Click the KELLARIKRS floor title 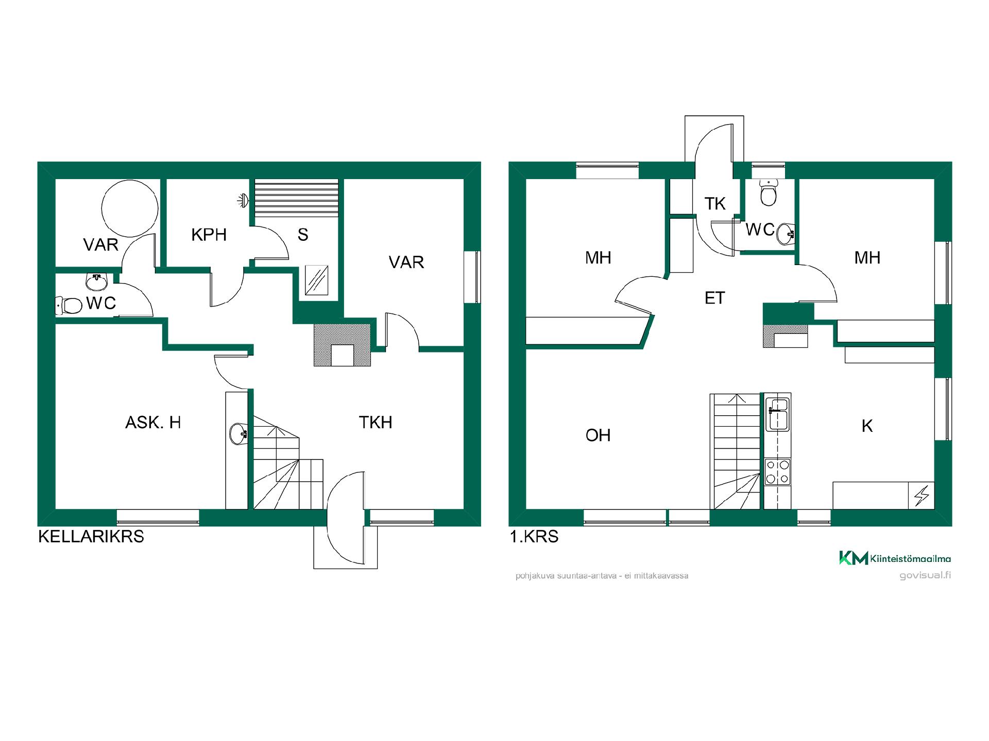[x=91, y=537]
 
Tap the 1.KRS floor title [x=534, y=537]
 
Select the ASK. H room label [x=153, y=422]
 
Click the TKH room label [x=376, y=422]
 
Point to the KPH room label [x=209, y=235]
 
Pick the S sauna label [x=303, y=235]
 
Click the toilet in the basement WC [x=69, y=306]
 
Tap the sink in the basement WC [x=97, y=281]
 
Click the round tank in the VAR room [x=130, y=208]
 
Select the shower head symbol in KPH [x=243, y=200]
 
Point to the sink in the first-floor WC [x=785, y=234]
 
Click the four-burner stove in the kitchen [x=777, y=472]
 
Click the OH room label [x=598, y=435]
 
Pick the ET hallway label [x=714, y=298]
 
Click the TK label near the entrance [x=715, y=204]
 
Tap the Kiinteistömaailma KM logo [x=895, y=558]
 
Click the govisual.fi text [x=925, y=575]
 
